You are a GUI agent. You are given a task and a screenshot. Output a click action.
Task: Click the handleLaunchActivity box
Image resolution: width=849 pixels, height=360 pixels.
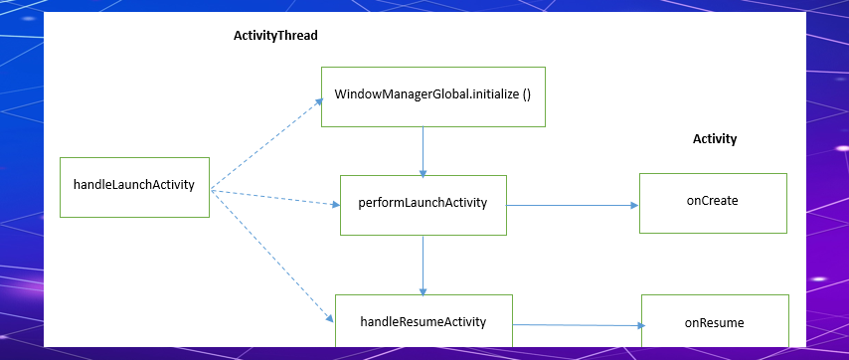134,187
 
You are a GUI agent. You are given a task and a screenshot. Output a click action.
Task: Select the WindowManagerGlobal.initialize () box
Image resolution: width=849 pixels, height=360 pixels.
432,96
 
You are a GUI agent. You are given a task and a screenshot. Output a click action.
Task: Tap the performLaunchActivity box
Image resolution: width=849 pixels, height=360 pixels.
423,205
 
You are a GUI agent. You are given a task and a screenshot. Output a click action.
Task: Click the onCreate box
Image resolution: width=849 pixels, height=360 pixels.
713,203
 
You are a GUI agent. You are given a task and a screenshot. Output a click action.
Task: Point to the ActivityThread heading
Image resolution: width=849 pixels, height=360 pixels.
275,35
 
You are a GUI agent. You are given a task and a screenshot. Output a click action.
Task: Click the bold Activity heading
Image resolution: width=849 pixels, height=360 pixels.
715,139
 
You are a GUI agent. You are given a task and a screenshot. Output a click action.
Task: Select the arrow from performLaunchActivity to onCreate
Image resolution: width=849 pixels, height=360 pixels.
572,206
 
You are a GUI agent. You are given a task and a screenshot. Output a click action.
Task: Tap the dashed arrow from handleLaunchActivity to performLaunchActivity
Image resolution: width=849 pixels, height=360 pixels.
274,198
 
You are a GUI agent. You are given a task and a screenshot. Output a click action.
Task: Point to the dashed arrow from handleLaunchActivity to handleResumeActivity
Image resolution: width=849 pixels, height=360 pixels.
271,256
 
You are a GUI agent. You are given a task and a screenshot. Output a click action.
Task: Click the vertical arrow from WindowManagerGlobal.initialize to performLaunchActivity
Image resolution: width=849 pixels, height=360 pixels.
424,151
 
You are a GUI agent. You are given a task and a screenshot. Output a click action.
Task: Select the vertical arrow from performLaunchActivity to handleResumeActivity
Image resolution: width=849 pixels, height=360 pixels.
424,265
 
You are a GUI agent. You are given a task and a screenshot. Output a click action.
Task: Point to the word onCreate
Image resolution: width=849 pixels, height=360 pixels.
713,201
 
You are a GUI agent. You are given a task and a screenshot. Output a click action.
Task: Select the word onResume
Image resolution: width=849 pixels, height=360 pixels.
715,323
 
